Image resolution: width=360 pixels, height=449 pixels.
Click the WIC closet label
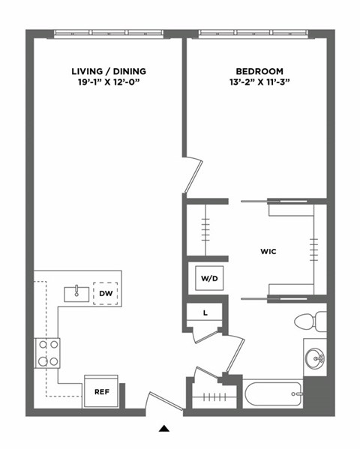pos(269,252)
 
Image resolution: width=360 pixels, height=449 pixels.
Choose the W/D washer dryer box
pos(208,279)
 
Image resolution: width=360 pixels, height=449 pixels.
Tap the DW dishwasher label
pos(104,293)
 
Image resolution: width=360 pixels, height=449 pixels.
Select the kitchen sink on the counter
pos(76,292)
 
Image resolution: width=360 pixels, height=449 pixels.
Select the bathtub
pos(271,393)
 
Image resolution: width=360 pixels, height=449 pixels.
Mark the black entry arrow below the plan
pos(164,430)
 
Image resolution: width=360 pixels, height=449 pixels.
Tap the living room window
pos(108,33)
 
